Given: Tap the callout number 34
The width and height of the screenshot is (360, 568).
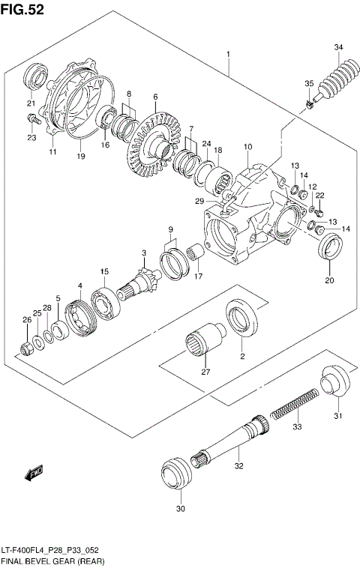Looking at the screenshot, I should pos(338,49).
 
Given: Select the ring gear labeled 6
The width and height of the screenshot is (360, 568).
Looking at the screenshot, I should pos(154,139).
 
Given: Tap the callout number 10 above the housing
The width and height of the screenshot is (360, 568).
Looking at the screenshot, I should pos(247,147).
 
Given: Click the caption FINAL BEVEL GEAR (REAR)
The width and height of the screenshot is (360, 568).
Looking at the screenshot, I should pos(52,561).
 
